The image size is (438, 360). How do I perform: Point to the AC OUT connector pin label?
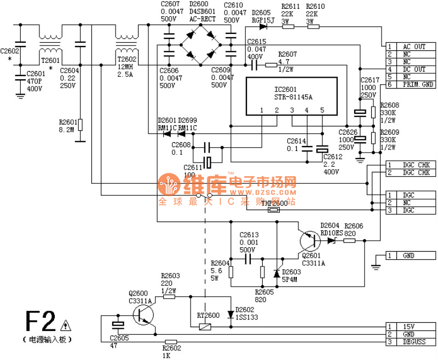[414, 47]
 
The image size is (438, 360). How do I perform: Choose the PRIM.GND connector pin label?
[417, 85]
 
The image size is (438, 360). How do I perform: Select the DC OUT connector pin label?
[414, 69]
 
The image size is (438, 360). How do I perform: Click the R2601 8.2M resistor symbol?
[80, 125]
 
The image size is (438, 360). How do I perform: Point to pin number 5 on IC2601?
[322, 110]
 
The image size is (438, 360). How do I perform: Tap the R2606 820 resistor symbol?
[349, 239]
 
